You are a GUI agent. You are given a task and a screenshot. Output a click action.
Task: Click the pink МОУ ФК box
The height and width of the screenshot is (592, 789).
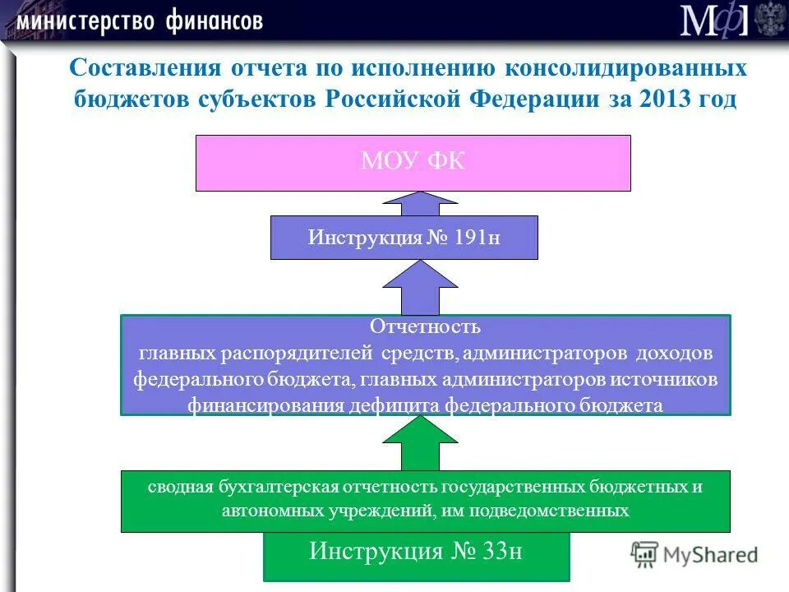point(413,163)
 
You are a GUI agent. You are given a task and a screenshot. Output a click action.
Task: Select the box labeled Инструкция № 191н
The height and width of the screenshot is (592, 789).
point(404,238)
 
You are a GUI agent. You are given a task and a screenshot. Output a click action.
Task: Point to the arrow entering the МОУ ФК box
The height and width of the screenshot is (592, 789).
point(421,203)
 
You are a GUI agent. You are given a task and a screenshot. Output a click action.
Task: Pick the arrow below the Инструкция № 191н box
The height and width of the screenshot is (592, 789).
point(421,288)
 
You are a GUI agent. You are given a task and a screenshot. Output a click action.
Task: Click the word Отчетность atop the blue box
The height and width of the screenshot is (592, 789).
point(425,326)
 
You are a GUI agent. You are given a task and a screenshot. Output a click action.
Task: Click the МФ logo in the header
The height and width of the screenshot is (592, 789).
point(713,21)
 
